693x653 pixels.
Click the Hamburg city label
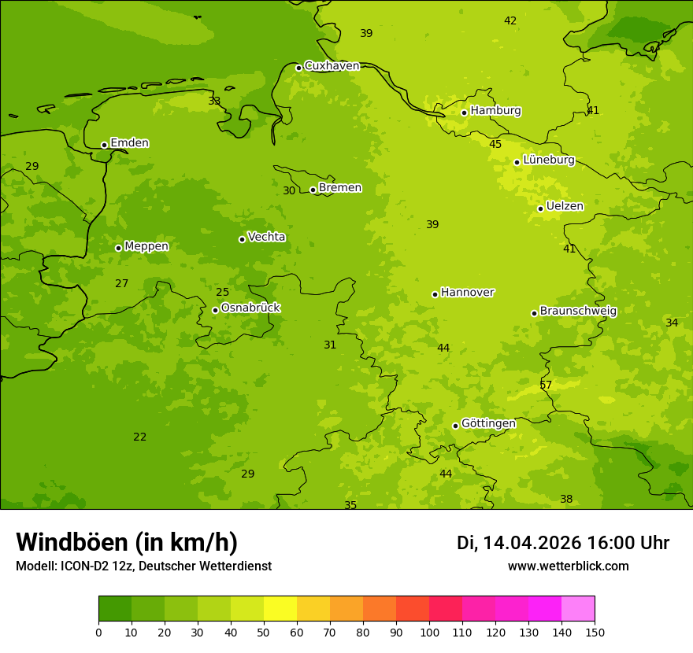tap(495, 111)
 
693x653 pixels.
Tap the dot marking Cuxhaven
tap(298, 68)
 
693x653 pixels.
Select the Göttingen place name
tap(488, 423)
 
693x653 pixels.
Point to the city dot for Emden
tap(104, 145)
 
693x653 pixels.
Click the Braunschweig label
tap(578, 311)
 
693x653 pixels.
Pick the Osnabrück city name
tap(250, 308)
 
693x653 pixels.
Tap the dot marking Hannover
tap(435, 294)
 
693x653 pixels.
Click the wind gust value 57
tap(546, 385)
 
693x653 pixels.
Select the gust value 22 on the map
tap(139, 437)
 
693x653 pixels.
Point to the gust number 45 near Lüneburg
tap(495, 144)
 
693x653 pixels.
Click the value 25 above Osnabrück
tap(223, 292)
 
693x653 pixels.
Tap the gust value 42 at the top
tap(510, 20)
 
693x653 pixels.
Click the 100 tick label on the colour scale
tap(429, 632)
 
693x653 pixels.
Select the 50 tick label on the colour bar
tap(264, 632)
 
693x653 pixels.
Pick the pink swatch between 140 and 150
tap(578, 609)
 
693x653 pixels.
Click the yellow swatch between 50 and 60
tap(280, 609)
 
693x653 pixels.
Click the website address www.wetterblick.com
tap(568, 566)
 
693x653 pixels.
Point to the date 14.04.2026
tap(532, 543)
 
